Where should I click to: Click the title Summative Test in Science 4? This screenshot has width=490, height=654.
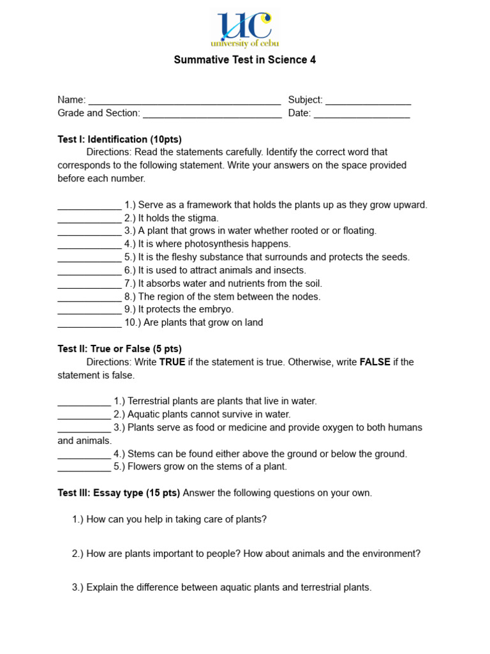(245, 60)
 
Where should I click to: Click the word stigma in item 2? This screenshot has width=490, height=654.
(203, 218)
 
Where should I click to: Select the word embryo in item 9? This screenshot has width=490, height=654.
(216, 310)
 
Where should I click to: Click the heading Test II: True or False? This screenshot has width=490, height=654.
(120, 349)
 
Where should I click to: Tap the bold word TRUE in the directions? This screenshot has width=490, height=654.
(172, 362)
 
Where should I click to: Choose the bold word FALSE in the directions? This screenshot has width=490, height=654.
(375, 362)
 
